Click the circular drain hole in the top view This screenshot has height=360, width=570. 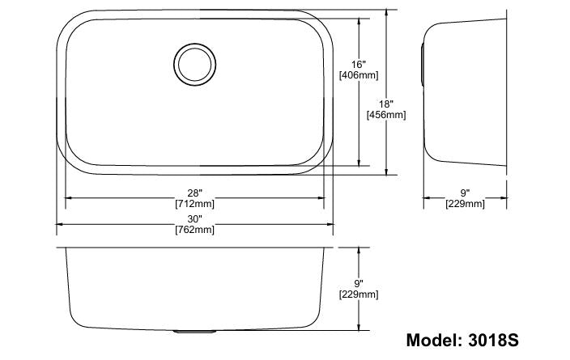pyautogui.click(x=194, y=63)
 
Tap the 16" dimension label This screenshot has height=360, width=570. pyautogui.click(x=359, y=64)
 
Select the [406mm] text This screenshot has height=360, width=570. pyautogui.click(x=359, y=75)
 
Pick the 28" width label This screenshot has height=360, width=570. pyautogui.click(x=194, y=192)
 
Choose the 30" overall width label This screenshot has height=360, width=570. pyautogui.click(x=194, y=219)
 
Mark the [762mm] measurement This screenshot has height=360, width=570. pyautogui.click(x=194, y=231)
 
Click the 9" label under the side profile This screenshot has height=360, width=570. pyautogui.click(x=465, y=193)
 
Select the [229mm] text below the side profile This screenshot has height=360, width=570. pyautogui.click(x=465, y=204)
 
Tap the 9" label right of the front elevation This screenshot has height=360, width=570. pyautogui.click(x=358, y=283)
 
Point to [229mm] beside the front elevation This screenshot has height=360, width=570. pyautogui.click(x=358, y=294)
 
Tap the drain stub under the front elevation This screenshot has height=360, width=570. pyautogui.click(x=194, y=331)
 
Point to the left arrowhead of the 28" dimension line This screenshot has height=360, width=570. pyautogui.click(x=68, y=197)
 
